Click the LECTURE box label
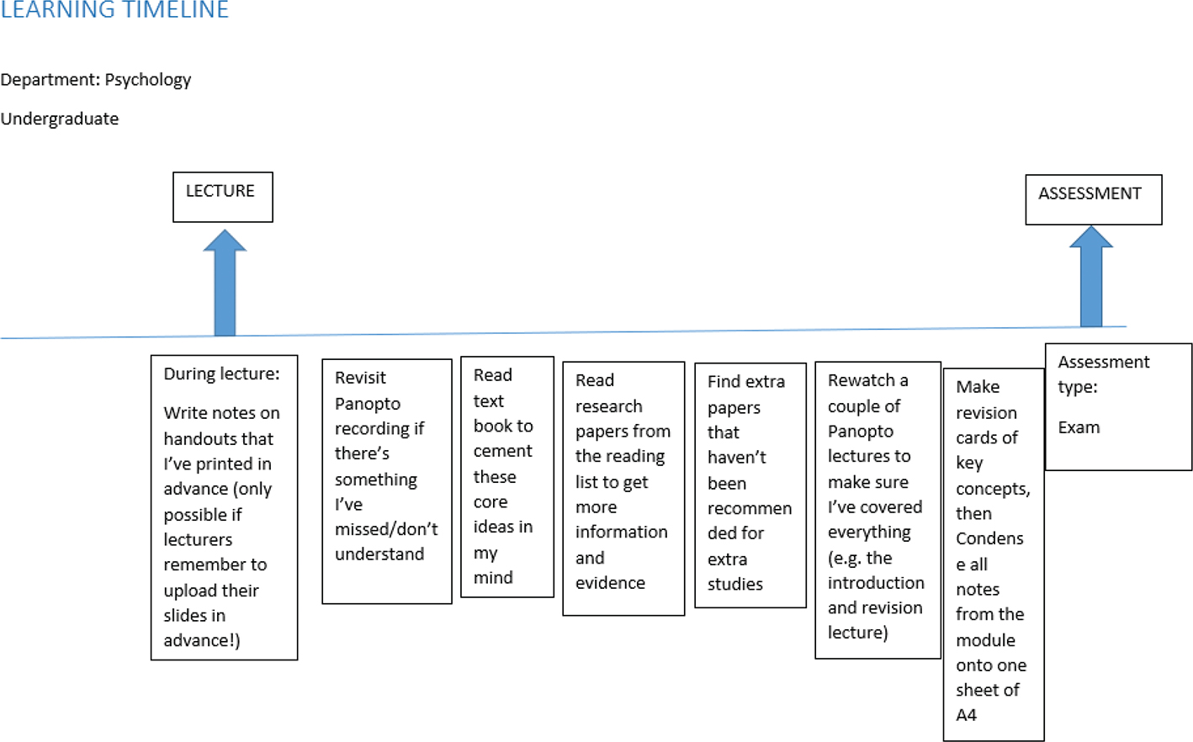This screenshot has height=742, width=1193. click(x=220, y=192)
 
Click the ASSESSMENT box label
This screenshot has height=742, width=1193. click(x=1090, y=194)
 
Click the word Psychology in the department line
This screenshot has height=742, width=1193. click(x=148, y=80)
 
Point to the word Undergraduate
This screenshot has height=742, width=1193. click(x=60, y=119)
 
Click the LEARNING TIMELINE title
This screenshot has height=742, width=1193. click(x=114, y=11)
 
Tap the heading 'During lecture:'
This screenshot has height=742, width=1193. click(x=221, y=374)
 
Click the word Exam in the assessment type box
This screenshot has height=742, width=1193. click(x=1079, y=427)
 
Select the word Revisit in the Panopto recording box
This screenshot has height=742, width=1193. click(x=360, y=379)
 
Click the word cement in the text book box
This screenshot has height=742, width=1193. click(x=502, y=451)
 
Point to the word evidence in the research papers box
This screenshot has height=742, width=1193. click(x=610, y=583)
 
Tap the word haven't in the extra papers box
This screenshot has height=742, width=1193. click(x=736, y=458)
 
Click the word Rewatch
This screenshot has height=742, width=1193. click(x=862, y=380)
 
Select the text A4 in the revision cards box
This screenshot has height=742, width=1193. click(x=966, y=715)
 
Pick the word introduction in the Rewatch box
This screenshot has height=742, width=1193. click(x=876, y=583)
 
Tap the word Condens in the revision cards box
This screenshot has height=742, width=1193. click(x=989, y=538)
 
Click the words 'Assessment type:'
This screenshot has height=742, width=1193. click(x=1102, y=374)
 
